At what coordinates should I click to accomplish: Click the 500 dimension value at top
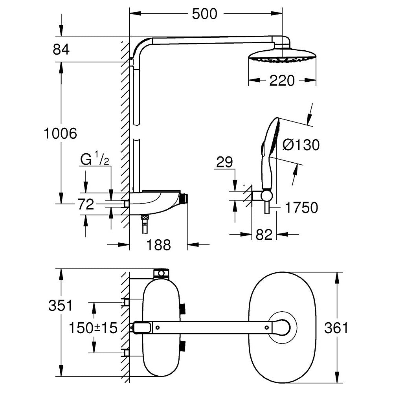(x=204, y=14)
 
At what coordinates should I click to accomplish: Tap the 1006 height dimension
(x=60, y=134)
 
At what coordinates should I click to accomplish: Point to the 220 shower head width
(x=283, y=81)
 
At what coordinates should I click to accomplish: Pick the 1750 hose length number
(x=301, y=208)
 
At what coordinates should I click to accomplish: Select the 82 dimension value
(x=264, y=235)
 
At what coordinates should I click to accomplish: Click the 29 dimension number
(x=224, y=162)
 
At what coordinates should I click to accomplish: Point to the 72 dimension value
(x=85, y=204)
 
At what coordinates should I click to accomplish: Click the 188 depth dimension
(x=159, y=245)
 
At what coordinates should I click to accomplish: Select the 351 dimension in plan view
(x=60, y=305)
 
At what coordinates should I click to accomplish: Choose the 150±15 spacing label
(x=93, y=327)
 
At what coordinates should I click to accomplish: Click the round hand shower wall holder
(x=266, y=195)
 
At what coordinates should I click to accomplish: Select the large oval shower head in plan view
(x=282, y=327)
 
